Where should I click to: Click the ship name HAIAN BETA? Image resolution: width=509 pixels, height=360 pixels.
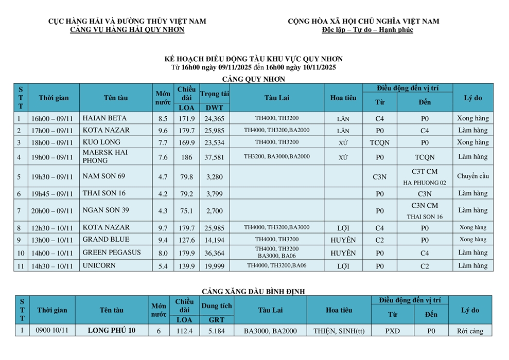click(101, 118)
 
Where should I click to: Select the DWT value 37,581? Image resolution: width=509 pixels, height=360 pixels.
click(214, 157)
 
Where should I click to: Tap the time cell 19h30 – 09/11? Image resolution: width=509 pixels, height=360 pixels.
click(52, 177)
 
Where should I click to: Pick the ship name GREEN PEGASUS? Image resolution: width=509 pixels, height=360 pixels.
click(111, 253)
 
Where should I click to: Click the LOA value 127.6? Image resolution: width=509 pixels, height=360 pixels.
click(186, 240)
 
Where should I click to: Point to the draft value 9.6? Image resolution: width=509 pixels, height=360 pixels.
click(163, 131)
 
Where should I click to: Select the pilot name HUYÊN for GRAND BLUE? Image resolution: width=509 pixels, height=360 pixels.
click(343, 240)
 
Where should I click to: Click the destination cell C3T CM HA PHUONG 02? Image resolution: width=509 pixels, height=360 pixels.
click(425, 176)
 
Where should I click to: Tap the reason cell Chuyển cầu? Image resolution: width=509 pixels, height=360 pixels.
click(473, 176)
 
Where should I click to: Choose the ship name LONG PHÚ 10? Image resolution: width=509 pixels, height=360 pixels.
click(112, 331)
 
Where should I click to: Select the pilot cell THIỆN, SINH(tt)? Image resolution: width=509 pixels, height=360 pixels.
click(339, 331)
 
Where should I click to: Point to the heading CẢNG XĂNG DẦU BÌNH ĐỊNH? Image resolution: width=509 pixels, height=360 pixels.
click(253, 292)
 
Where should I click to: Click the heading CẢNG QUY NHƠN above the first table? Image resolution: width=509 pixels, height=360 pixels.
click(253, 79)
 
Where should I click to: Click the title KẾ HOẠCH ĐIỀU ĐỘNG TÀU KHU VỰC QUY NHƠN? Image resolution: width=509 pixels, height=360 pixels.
click(253, 59)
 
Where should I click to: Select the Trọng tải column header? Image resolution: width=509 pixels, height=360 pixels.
click(214, 94)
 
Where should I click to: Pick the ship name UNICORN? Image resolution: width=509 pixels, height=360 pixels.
click(99, 266)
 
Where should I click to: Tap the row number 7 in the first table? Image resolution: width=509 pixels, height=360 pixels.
click(19, 211)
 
